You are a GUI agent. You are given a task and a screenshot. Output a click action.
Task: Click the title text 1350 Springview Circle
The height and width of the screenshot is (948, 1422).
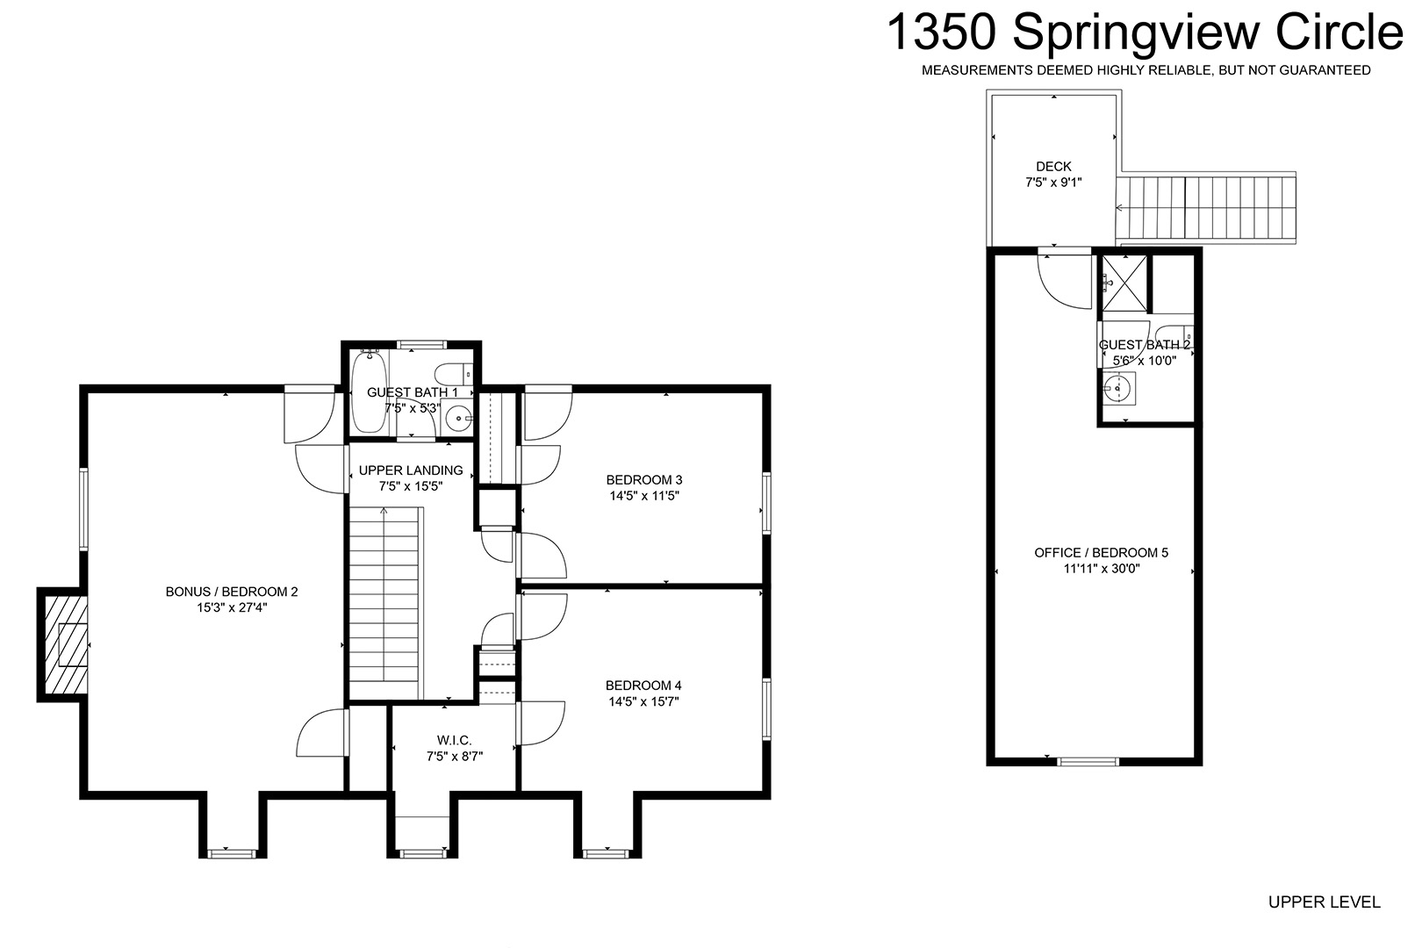click(x=1145, y=33)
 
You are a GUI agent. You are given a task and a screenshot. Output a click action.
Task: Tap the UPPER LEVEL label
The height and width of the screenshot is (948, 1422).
click(x=1325, y=901)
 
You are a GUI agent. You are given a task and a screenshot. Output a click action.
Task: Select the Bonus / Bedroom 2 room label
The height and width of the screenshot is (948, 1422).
click(x=232, y=592)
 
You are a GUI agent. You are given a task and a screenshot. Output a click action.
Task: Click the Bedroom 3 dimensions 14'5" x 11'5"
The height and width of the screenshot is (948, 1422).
click(x=644, y=496)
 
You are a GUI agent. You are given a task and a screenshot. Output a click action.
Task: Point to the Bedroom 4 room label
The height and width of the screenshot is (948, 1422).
click(x=643, y=686)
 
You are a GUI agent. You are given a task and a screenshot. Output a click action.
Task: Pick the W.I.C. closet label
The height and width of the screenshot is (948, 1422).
click(x=455, y=740)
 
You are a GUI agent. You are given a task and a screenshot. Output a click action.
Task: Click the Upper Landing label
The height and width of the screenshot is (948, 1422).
click(x=411, y=470)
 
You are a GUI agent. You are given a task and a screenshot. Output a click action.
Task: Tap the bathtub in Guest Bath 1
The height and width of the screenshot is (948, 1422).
click(x=370, y=391)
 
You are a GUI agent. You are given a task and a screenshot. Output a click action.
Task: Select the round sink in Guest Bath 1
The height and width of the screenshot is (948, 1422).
click(x=458, y=419)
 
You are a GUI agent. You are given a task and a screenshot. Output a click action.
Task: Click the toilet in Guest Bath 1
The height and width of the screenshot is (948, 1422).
click(x=455, y=373)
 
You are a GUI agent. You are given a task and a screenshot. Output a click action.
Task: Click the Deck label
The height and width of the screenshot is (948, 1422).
click(x=1054, y=167)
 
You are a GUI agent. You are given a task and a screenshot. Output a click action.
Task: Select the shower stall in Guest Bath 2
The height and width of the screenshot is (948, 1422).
click(x=1124, y=284)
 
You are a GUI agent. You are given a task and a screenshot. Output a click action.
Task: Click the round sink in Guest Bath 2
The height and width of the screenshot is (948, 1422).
click(x=1118, y=388)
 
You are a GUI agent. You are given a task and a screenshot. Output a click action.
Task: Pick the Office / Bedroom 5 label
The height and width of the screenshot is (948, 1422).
click(x=1102, y=553)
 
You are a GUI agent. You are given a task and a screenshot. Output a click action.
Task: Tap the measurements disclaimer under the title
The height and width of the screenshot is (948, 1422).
click(x=1145, y=70)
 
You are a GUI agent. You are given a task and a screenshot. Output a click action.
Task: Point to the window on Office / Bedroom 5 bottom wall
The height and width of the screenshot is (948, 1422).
click(x=1088, y=762)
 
